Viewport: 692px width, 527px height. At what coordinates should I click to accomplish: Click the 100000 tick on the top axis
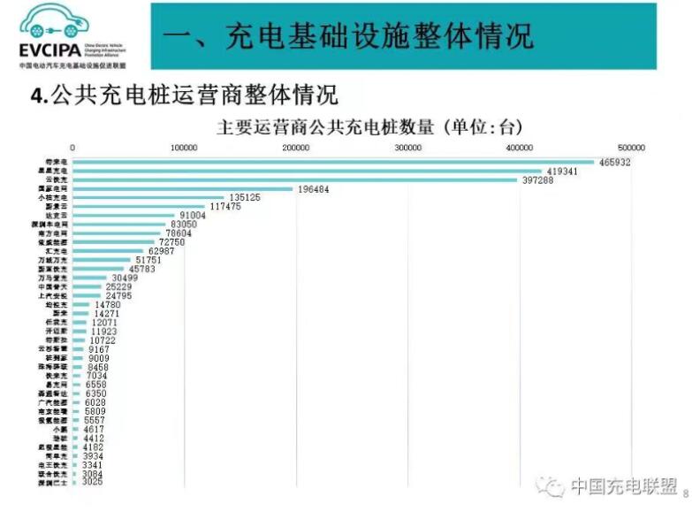pyautogui.click(x=184, y=148)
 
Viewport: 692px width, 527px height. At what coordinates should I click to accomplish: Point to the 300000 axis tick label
pyautogui.click(x=407, y=148)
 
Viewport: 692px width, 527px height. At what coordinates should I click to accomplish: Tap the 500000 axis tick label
pyautogui.click(x=631, y=148)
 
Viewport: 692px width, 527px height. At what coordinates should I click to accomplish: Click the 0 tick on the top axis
pyautogui.click(x=72, y=148)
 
